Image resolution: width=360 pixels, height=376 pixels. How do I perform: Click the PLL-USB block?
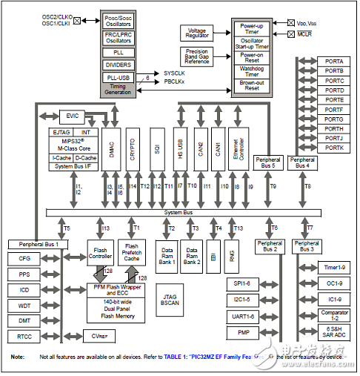[x=119, y=76]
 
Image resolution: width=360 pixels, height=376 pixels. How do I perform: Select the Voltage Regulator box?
[x=196, y=33]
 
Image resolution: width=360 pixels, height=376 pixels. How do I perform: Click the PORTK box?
[x=334, y=148]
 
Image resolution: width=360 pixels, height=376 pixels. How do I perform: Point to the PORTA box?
[x=334, y=61]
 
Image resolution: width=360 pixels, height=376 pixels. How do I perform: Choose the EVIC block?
[x=73, y=116]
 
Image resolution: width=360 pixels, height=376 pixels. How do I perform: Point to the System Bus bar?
[x=178, y=213]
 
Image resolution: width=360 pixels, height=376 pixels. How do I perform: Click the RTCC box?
[x=24, y=336]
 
